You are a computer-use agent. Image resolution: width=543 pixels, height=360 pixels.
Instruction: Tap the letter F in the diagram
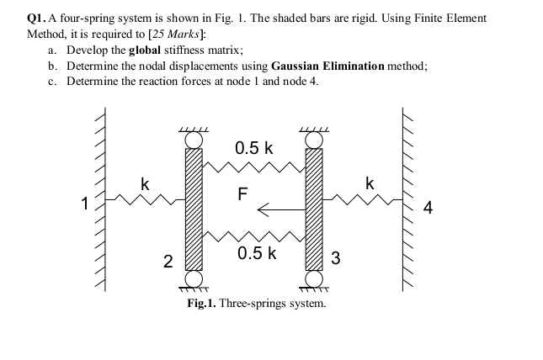242,193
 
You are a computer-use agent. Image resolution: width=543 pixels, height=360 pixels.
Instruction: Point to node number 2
167,262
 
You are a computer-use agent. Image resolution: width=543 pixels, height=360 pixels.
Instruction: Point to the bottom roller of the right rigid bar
315,278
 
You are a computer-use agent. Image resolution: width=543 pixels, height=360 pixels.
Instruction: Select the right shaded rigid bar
315,209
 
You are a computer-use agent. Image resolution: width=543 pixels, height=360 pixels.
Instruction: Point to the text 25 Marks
173,34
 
